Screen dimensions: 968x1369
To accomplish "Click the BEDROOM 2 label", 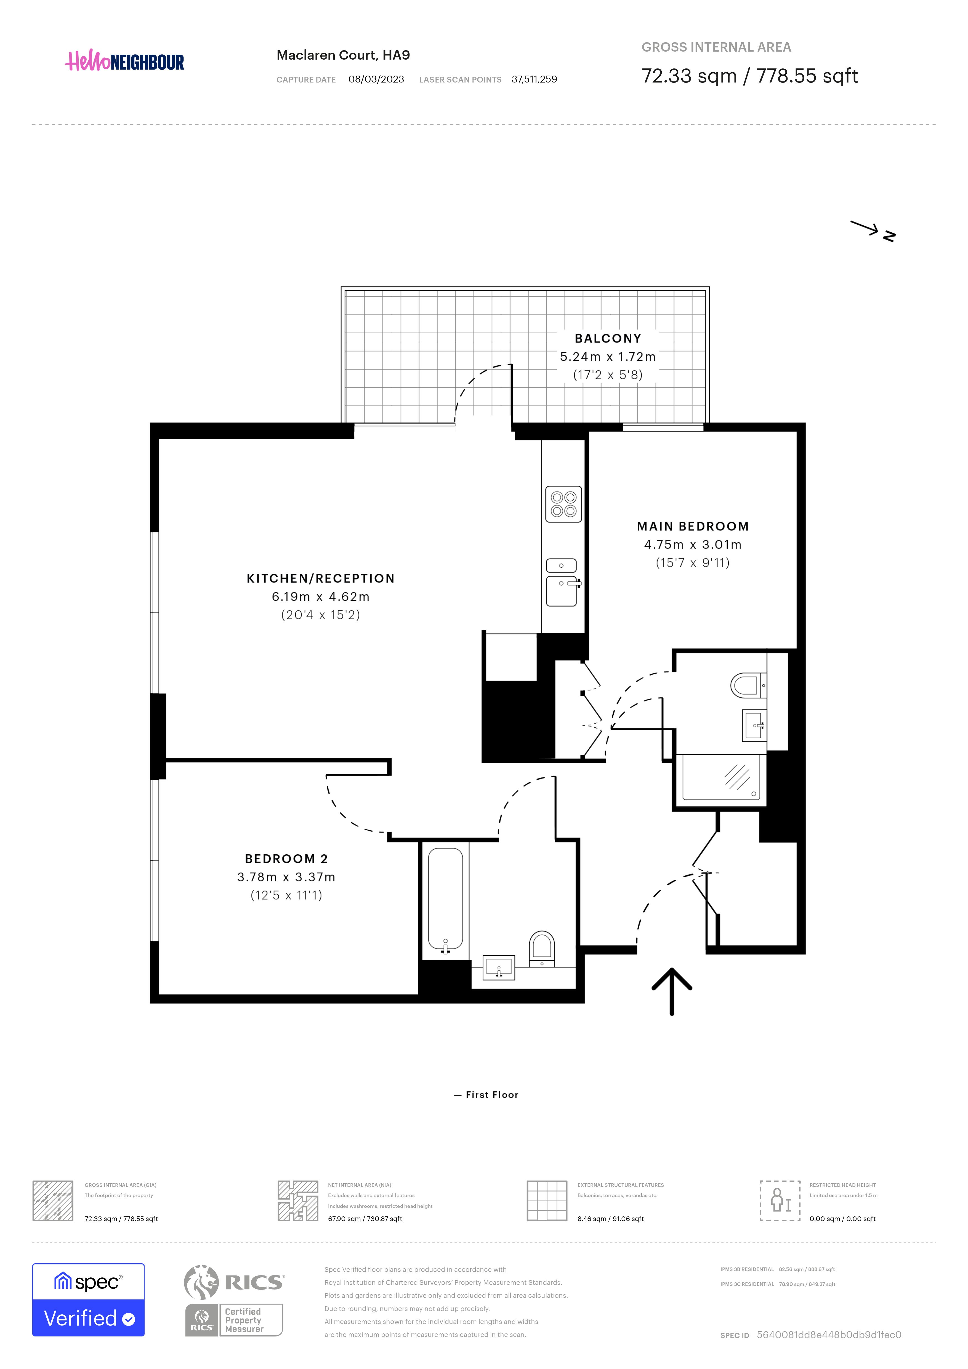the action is point(286,858).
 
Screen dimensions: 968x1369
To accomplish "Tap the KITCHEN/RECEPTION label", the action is point(321,578).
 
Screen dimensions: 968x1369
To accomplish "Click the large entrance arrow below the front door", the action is point(672,991).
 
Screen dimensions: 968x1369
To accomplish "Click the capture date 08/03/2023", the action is point(376,79).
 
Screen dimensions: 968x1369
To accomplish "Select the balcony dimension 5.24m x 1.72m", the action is point(608,357).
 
